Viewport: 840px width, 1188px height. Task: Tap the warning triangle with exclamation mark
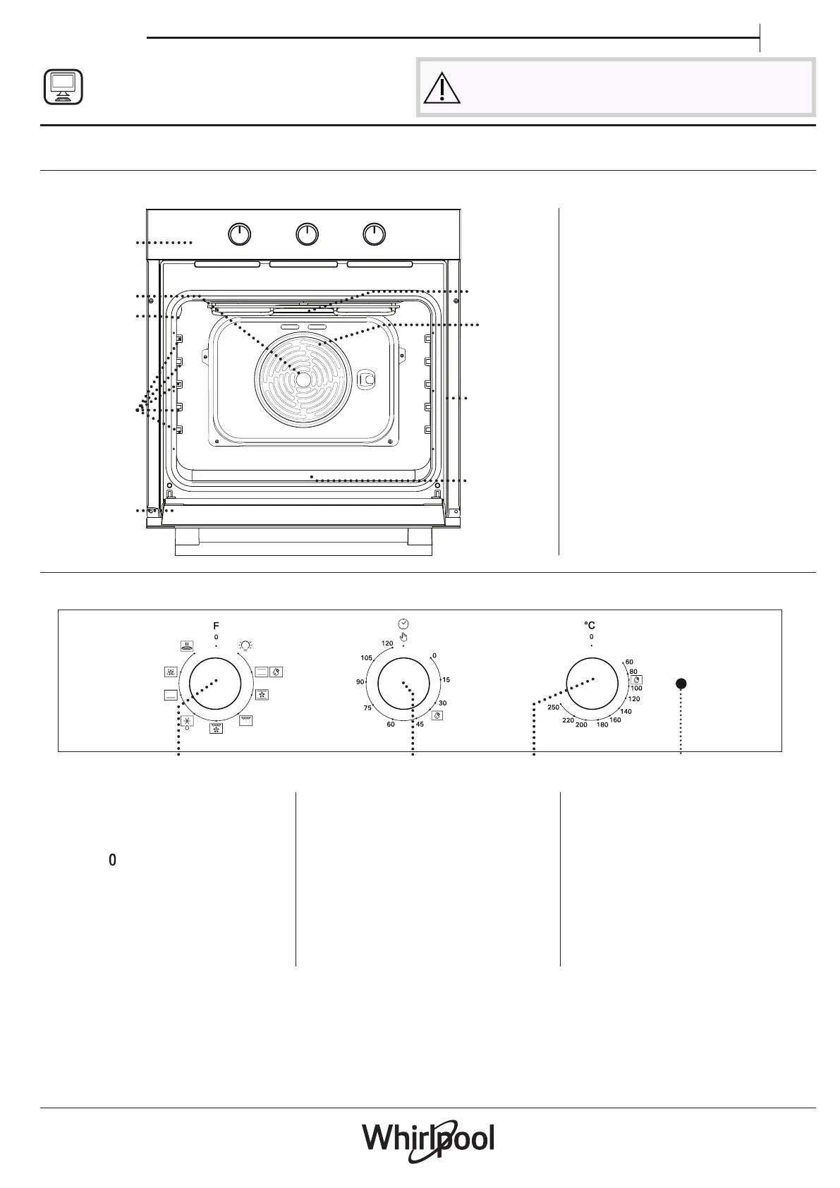coord(442,88)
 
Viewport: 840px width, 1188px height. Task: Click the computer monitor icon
coord(63,87)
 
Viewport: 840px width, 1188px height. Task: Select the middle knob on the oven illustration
coord(307,234)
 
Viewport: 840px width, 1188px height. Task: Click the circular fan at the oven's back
coord(303,380)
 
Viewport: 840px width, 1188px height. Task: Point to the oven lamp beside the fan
coord(366,380)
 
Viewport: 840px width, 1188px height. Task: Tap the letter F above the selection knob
coord(216,626)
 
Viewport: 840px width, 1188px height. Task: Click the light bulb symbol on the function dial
coord(245,645)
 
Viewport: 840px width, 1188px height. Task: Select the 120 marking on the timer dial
coord(387,643)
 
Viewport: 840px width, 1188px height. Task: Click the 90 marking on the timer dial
coord(360,682)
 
